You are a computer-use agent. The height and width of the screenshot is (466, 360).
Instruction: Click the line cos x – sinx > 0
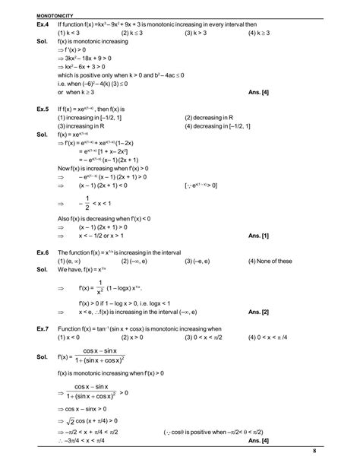(86, 407)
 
